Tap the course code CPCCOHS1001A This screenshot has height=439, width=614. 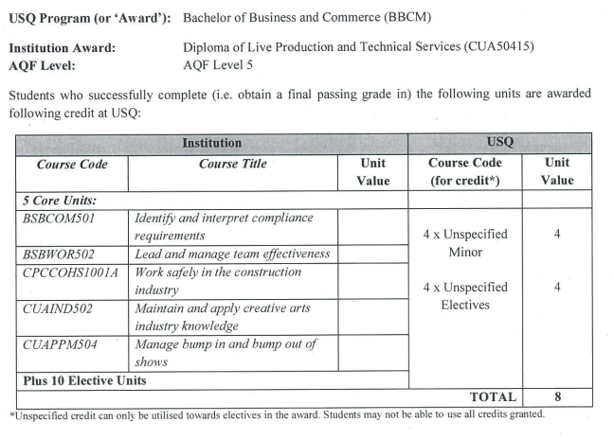pos(68,272)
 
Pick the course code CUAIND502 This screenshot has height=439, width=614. pos(59,308)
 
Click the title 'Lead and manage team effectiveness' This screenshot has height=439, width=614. pos(232,254)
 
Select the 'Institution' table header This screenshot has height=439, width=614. pos(211,143)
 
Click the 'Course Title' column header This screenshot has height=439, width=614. pos(232,164)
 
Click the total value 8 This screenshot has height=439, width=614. pos(556,397)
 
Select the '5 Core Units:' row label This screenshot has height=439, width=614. pos(59,201)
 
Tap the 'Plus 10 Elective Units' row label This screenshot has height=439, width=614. pos(83,380)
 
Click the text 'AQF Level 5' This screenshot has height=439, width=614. pos(219,66)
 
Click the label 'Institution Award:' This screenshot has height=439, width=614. pos(62,48)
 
